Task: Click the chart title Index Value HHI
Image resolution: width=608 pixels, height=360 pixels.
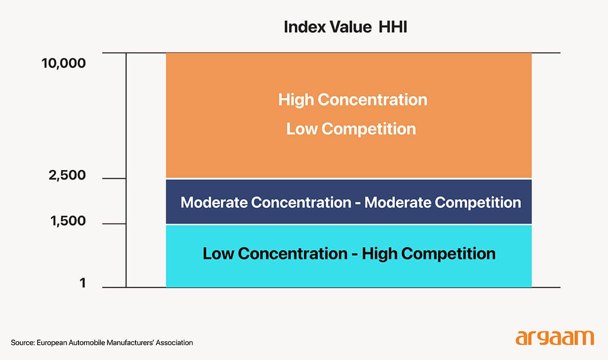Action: click(x=345, y=27)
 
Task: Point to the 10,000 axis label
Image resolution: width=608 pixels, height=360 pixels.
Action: click(x=64, y=64)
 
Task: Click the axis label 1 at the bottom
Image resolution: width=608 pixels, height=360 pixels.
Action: click(x=82, y=284)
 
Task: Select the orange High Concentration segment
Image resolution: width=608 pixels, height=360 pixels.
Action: click(x=349, y=153)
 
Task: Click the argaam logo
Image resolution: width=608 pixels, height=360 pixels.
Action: click(x=555, y=338)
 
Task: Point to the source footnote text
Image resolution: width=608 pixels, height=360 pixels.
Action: click(x=102, y=343)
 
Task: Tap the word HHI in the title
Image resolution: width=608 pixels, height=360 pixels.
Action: click(x=393, y=27)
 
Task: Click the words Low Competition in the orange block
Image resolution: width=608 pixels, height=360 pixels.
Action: click(x=351, y=129)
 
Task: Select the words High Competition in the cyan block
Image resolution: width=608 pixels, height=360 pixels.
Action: click(x=428, y=254)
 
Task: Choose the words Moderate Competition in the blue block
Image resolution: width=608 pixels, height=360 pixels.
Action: click(x=443, y=203)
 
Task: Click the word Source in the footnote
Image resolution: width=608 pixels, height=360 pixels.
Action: click(x=22, y=343)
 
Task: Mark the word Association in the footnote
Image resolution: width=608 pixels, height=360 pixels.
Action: click(x=174, y=343)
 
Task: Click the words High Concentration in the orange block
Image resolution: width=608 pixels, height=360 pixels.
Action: click(x=352, y=99)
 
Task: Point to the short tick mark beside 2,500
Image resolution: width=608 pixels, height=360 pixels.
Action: click(x=114, y=179)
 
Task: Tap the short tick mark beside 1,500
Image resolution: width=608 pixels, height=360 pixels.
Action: click(x=114, y=224)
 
